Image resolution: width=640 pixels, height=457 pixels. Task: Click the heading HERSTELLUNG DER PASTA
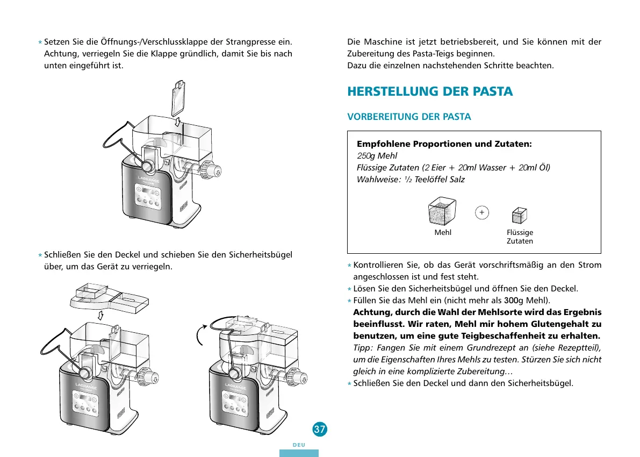430,91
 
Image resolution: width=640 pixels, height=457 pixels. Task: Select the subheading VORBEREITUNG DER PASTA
409,117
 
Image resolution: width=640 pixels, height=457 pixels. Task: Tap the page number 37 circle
320,429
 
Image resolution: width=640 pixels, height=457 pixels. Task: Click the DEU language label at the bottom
299,445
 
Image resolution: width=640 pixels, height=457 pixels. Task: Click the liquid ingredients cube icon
519,216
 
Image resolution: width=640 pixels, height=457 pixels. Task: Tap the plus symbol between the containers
482,213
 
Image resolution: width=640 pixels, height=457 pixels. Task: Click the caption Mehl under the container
443,233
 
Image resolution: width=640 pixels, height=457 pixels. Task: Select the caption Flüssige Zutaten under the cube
520,237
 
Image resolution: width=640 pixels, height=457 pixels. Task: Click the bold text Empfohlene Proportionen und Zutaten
444,144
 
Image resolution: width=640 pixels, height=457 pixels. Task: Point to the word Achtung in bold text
371,312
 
